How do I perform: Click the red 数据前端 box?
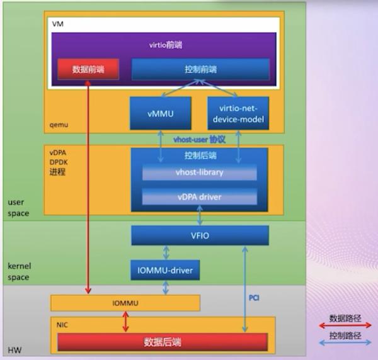pos(89,69)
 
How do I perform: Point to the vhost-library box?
pos(200,172)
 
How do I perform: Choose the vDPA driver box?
pos(200,197)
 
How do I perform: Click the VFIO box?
pos(200,235)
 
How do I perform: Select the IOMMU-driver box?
pos(165,271)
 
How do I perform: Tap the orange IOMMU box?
pos(125,303)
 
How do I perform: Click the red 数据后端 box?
pos(163,342)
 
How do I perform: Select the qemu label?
pos(59,125)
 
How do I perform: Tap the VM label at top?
pos(57,23)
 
